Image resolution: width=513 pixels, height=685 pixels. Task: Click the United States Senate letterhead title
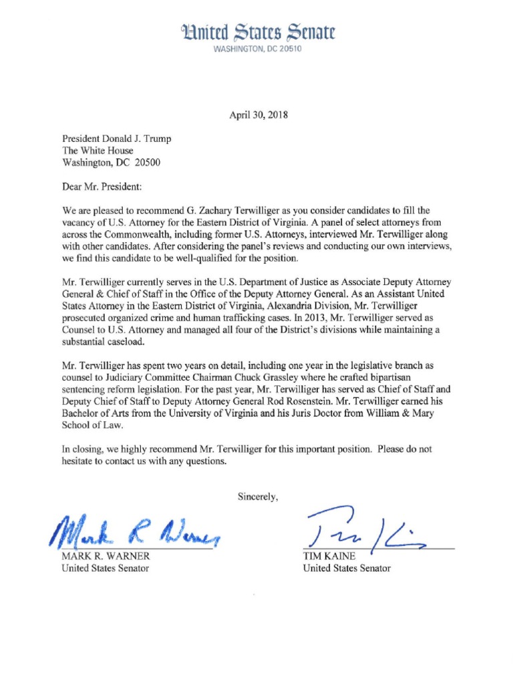point(257,32)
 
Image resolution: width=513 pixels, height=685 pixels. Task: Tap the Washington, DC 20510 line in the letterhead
point(257,50)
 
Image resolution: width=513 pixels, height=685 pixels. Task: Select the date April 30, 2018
point(258,115)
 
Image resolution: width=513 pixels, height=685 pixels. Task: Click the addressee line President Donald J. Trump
point(116,139)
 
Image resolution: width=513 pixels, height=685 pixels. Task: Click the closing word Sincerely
point(257,496)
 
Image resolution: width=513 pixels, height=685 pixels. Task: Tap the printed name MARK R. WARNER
point(106,556)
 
